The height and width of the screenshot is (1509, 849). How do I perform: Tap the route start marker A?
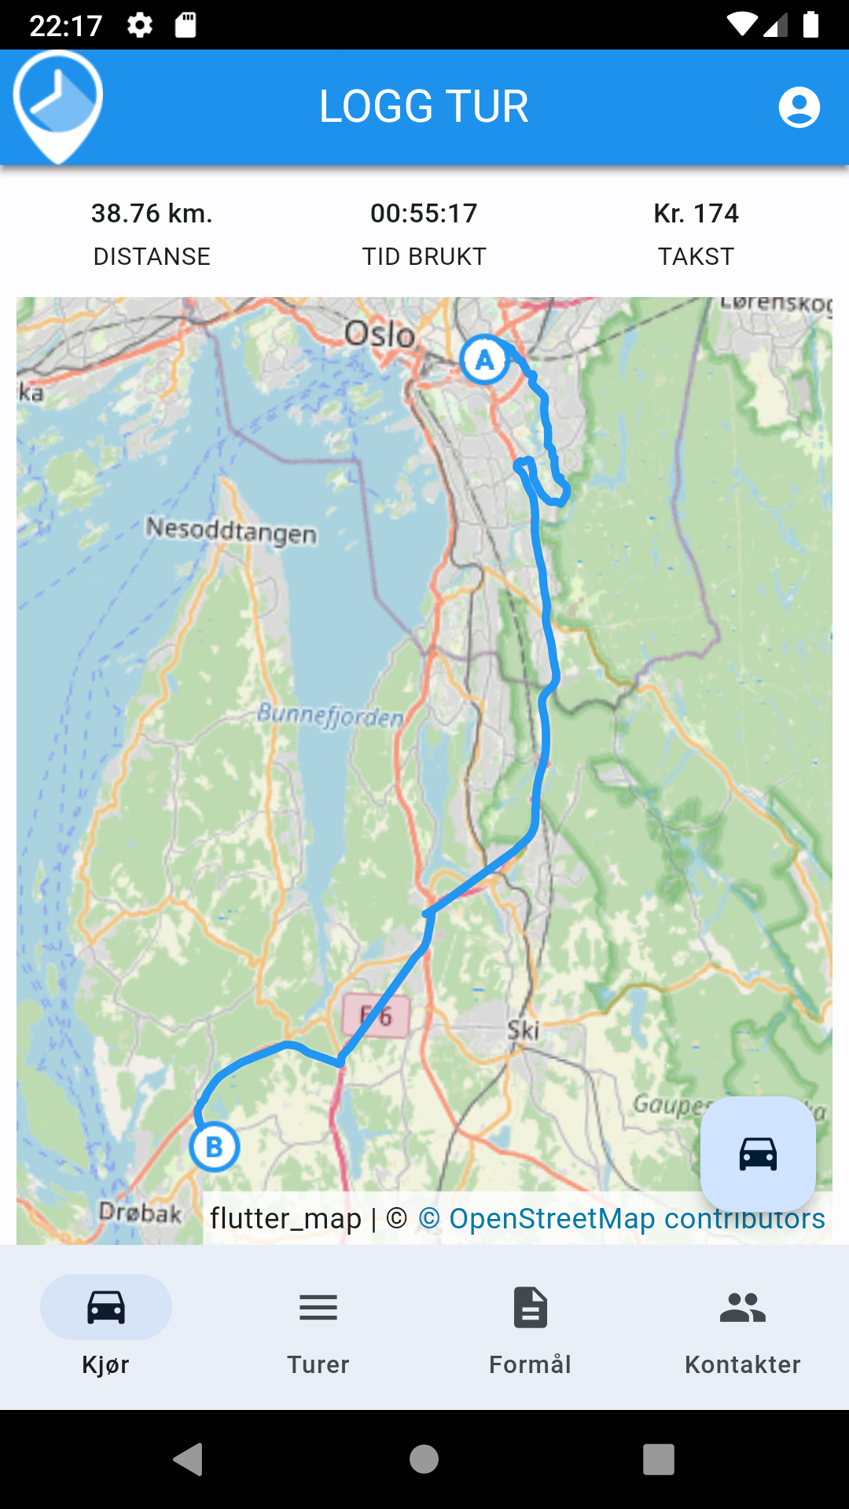484,360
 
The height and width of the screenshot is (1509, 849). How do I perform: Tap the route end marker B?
214,1147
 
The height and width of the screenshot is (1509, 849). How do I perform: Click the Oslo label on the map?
380,335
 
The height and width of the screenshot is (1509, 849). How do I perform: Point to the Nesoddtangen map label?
231,531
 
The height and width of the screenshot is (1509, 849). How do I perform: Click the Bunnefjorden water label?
330,715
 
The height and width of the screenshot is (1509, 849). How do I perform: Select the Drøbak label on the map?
140,1213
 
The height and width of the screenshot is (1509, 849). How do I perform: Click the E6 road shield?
376,1016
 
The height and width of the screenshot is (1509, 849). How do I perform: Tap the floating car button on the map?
758,1154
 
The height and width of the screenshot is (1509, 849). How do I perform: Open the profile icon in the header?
799,107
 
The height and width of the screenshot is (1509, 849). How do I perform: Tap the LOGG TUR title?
424,107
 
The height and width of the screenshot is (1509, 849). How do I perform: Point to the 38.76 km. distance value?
152,213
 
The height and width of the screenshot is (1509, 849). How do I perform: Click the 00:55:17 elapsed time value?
424,213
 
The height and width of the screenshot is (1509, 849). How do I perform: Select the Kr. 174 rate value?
696,213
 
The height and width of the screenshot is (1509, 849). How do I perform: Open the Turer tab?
318,1328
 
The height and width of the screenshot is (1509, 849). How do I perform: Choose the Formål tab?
531,1328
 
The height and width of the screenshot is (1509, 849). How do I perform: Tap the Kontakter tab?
743,1328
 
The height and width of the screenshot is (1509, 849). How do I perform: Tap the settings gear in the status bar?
140,25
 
